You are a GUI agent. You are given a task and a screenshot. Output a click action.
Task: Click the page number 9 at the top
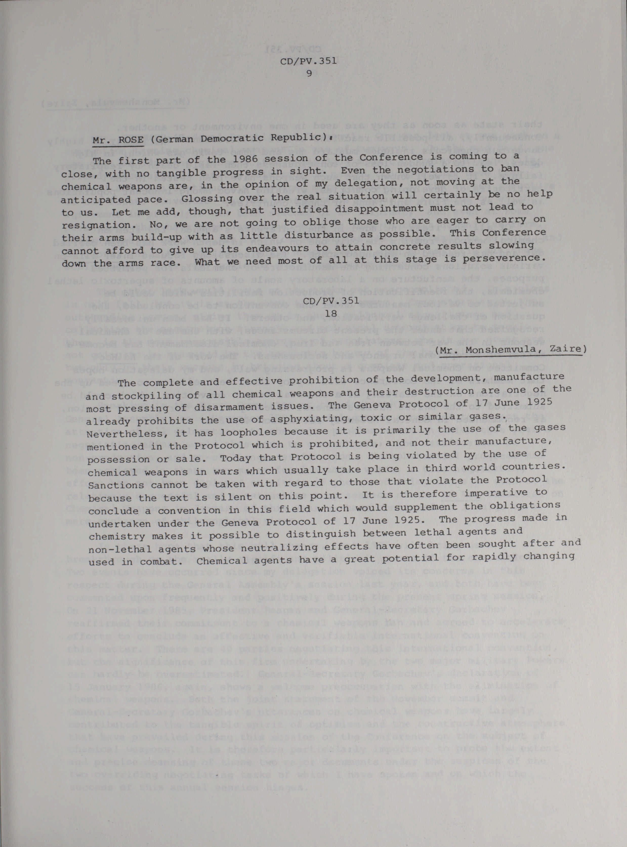point(309,74)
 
